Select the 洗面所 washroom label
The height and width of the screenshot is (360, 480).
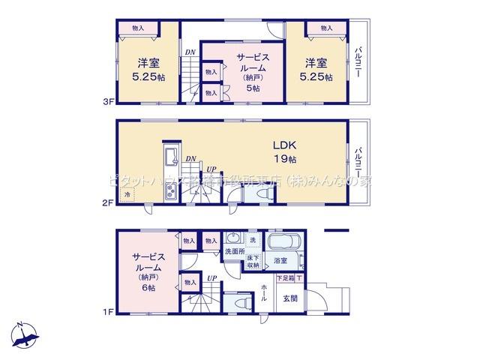(x=235, y=253)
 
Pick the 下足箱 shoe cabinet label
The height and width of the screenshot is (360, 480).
(x=286, y=279)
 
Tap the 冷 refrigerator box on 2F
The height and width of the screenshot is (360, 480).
(x=128, y=194)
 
